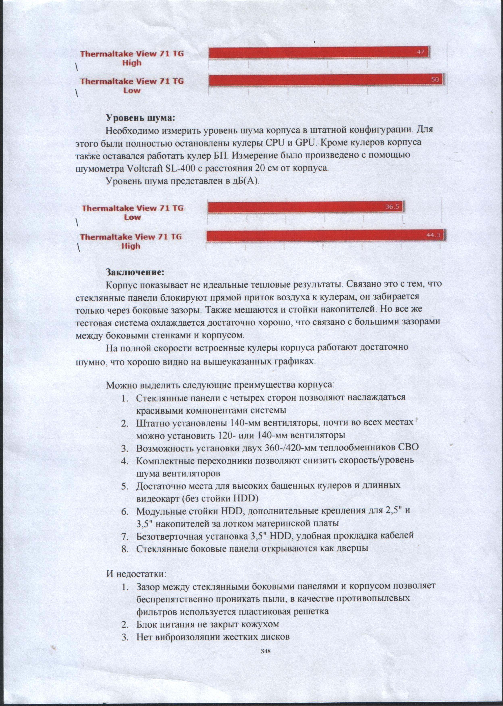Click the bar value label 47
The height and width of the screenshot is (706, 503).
[420, 52]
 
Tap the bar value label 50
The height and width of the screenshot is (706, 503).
[435, 80]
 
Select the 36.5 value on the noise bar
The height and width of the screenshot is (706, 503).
[392, 207]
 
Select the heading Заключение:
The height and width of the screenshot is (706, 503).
[134, 272]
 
